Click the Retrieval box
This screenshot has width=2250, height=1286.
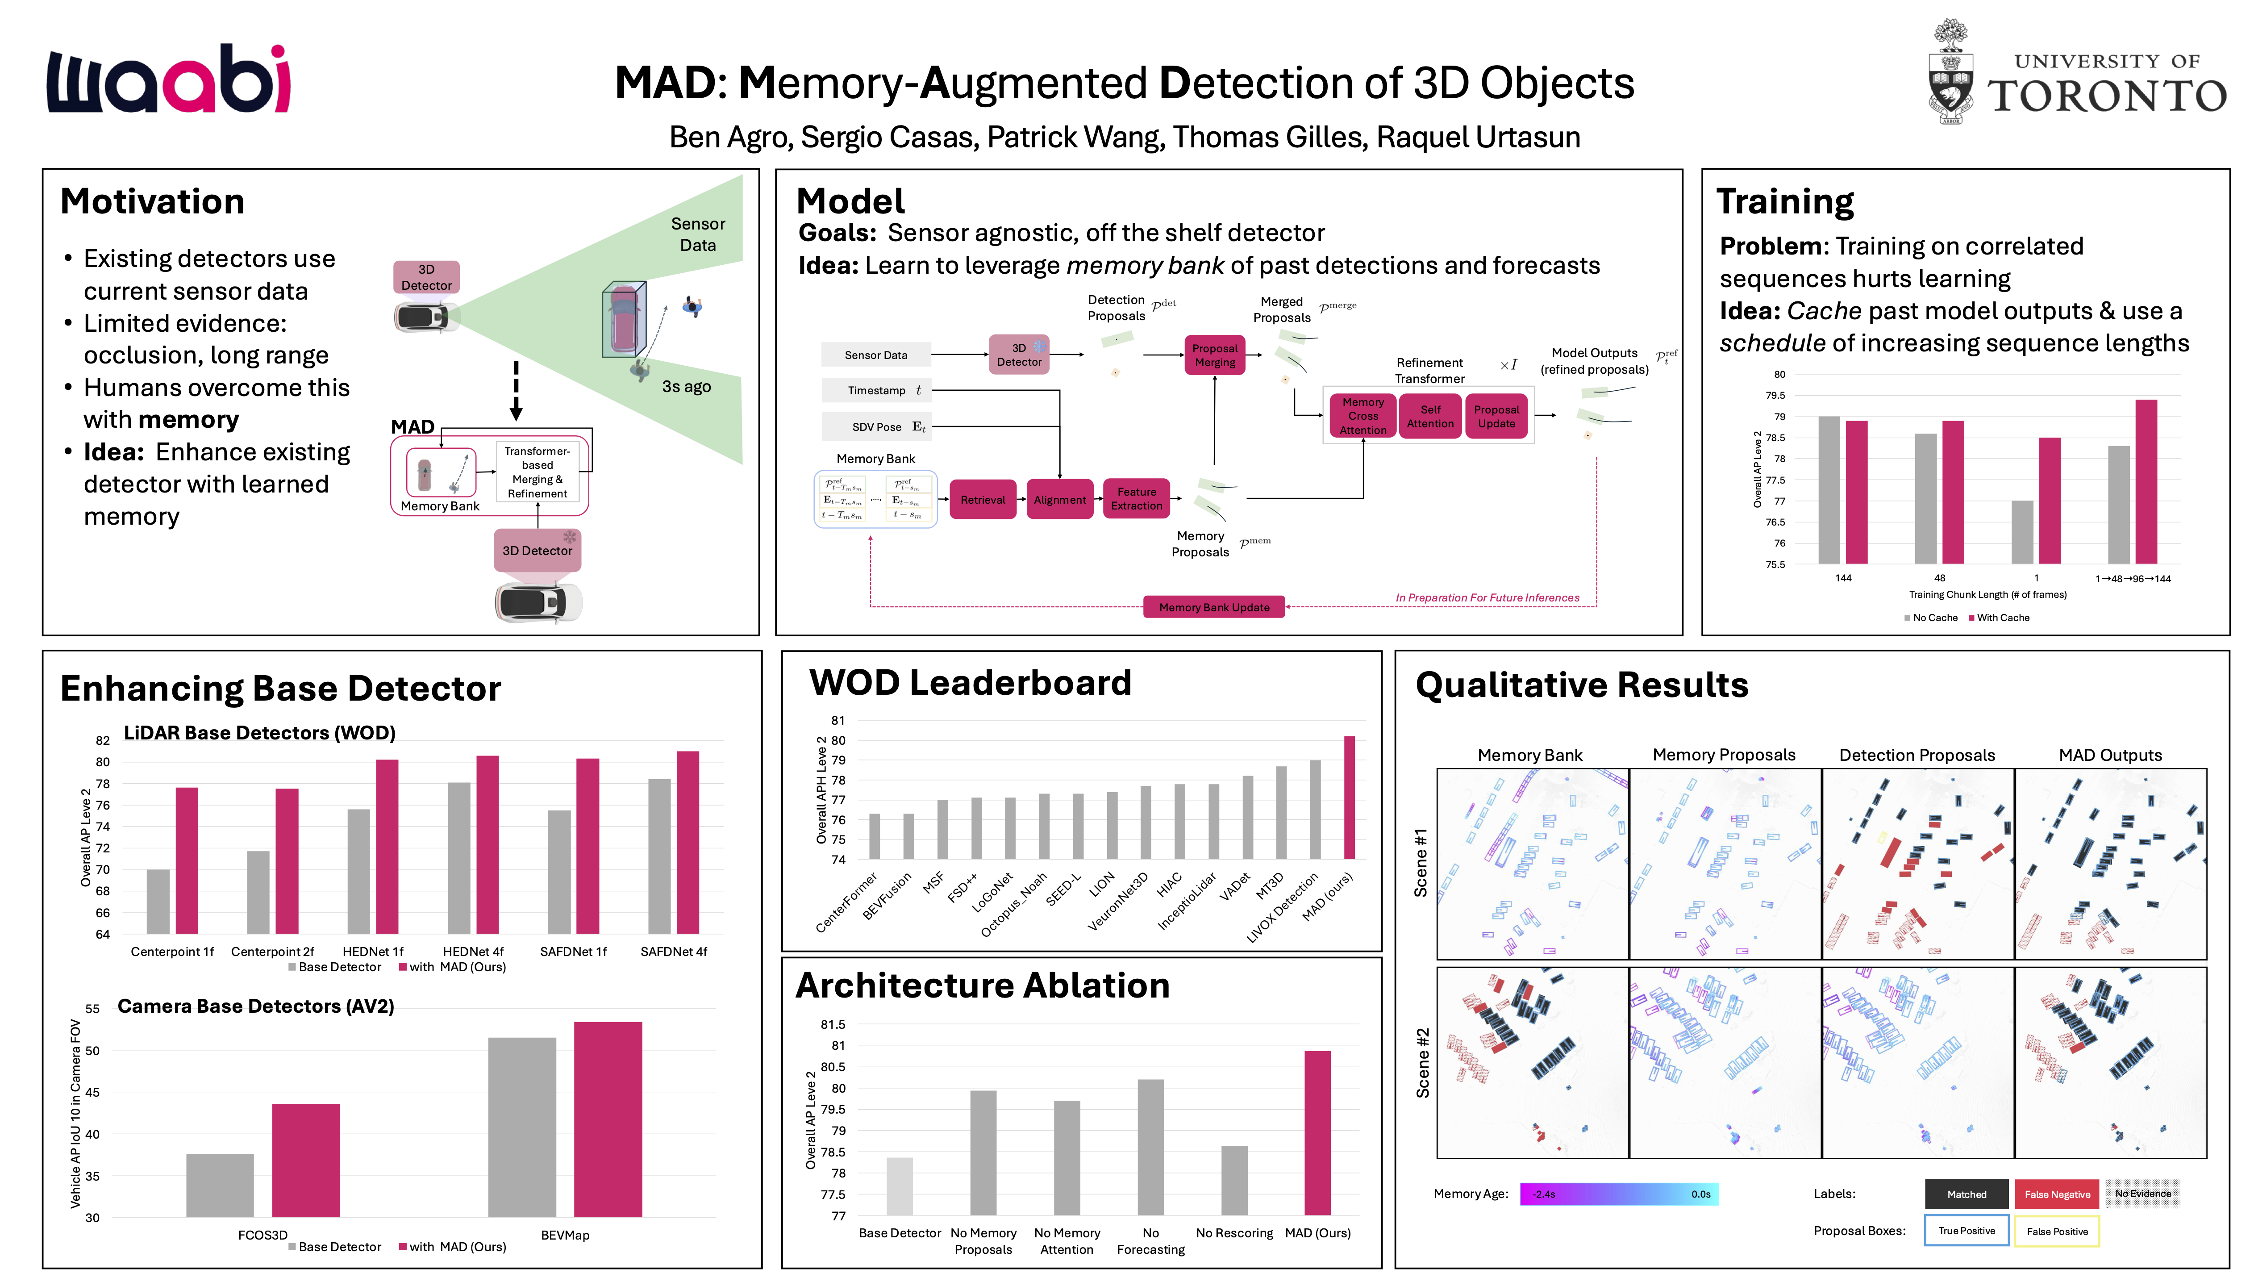[982, 500]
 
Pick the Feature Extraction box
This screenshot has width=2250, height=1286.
[1136, 499]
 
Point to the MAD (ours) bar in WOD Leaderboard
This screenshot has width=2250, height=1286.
[1348, 797]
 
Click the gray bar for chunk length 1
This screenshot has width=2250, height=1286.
[2021, 532]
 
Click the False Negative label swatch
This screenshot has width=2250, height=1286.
[2057, 1194]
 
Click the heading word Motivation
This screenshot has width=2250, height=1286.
[152, 201]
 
